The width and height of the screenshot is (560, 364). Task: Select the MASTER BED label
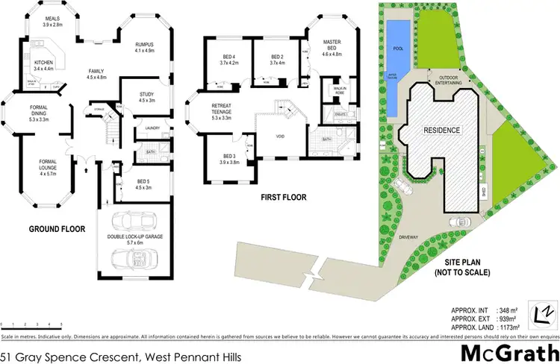coord(332,45)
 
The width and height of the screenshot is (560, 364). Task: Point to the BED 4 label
coord(228,60)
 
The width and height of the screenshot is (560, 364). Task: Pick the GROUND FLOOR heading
coord(56,229)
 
